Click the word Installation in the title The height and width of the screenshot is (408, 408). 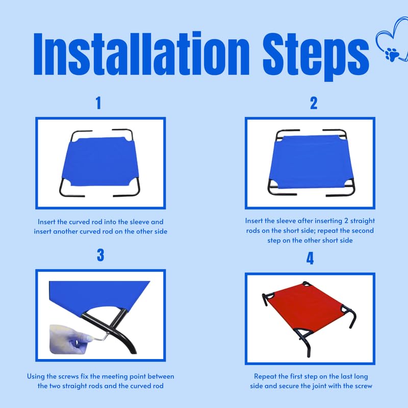click(x=142, y=54)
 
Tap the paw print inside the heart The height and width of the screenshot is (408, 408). click(x=392, y=54)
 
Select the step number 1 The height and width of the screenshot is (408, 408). click(x=98, y=103)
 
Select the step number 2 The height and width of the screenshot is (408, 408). click(x=314, y=103)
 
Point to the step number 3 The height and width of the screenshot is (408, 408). click(x=100, y=255)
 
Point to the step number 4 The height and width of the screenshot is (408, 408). click(x=310, y=259)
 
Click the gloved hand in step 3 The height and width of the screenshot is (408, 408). click(x=68, y=339)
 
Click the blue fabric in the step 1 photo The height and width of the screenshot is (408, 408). click(x=100, y=161)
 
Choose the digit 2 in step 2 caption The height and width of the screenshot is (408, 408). click(x=346, y=221)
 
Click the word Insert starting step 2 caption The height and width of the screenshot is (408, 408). click(x=254, y=221)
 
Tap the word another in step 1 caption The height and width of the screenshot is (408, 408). click(x=65, y=232)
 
